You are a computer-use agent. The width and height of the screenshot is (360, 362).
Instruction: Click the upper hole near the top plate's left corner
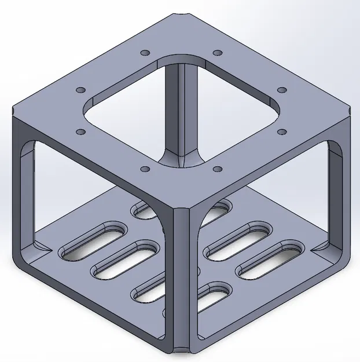coord(81,90)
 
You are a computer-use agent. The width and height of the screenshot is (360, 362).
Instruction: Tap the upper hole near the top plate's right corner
coord(282,90)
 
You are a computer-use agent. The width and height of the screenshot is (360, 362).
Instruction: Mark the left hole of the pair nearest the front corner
coord(145,170)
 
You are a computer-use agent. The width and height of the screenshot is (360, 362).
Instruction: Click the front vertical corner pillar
coord(181,278)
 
